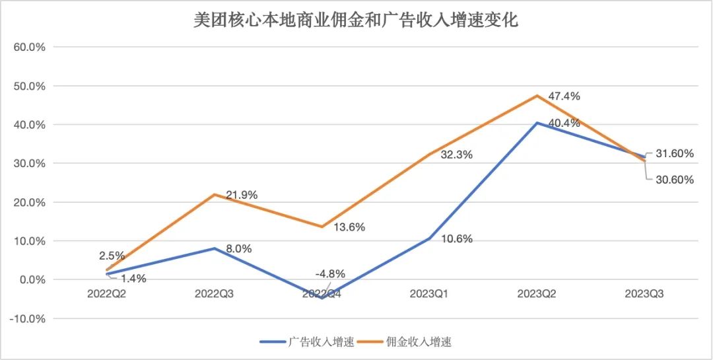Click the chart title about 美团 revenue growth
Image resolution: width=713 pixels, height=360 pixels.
[356, 20]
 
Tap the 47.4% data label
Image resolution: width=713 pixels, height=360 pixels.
[564, 96]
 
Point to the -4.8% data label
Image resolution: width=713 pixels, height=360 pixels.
[329, 273]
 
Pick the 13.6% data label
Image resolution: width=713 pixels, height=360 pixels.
[349, 227]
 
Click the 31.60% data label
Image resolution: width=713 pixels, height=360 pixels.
[673, 154]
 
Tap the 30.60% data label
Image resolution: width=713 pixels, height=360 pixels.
[673, 179]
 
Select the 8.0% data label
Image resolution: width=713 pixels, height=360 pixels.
[238, 248]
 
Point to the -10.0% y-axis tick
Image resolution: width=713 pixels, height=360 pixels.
[28, 318]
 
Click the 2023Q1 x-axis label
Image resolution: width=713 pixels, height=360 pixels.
[430, 293]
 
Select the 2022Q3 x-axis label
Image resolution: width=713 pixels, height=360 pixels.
[215, 293]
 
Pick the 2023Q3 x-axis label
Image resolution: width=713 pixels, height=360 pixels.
[644, 293]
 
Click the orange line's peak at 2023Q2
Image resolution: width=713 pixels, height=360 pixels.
[537, 96]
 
